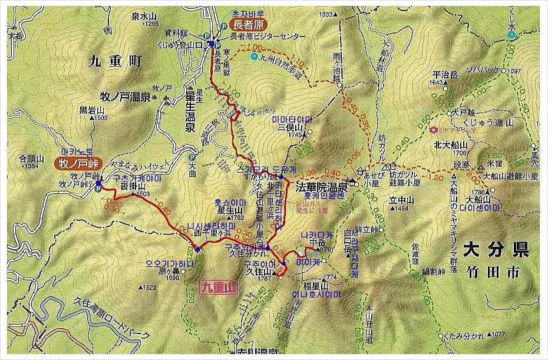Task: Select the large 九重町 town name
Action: coord(117,60)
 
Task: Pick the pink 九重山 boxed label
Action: coord(219,288)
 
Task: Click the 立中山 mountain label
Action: coord(399,200)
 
